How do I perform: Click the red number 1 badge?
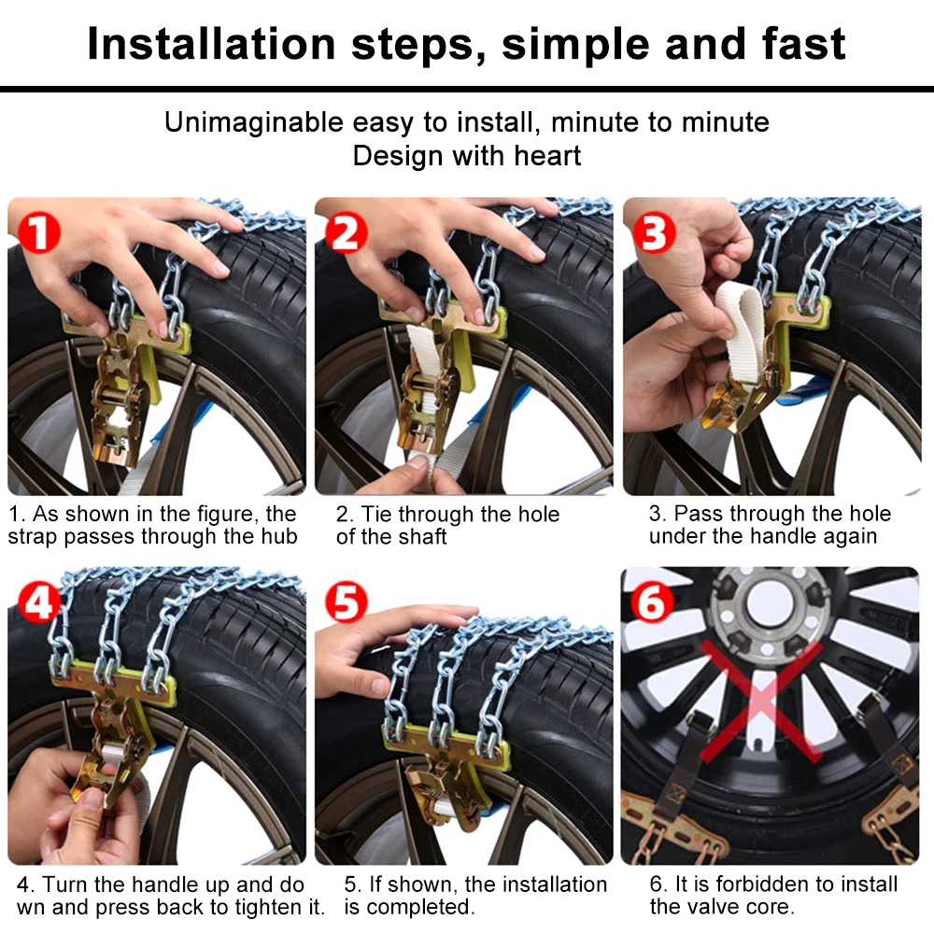tap(39, 233)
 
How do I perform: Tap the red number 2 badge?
tap(347, 233)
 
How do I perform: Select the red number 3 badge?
tap(654, 233)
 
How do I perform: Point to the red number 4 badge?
tap(39, 602)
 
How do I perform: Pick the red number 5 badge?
tap(347, 602)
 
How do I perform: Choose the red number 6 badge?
tap(652, 602)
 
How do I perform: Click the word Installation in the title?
tap(212, 44)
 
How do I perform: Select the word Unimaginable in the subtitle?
tap(254, 122)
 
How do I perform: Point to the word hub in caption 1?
tap(278, 537)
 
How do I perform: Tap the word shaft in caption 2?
tap(422, 537)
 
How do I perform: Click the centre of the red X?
tap(760, 701)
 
